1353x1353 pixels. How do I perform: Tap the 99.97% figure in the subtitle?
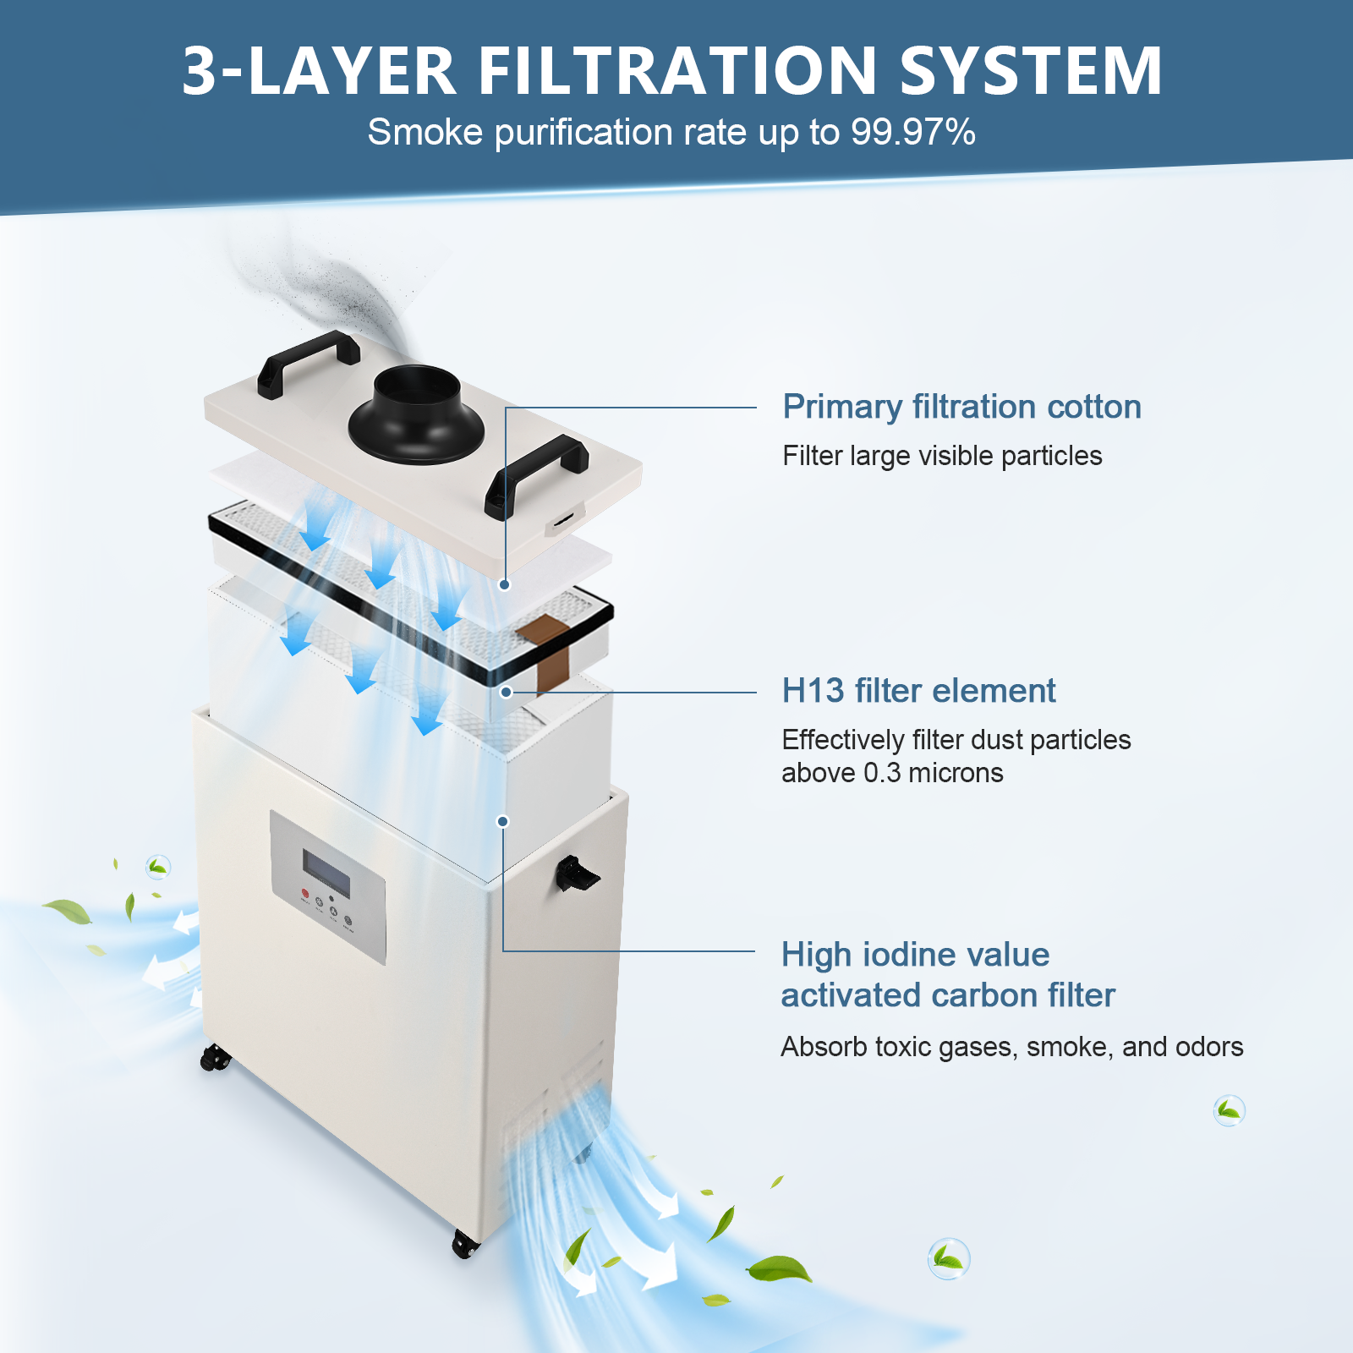coord(913,132)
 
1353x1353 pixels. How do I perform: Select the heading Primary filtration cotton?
coord(961,407)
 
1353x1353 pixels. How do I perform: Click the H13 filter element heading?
coord(918,691)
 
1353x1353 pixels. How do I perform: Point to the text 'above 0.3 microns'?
coord(892,773)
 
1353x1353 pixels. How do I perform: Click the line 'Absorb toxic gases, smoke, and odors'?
coord(1011,1047)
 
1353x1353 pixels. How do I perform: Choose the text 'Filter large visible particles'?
coord(942,456)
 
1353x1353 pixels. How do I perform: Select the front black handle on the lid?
coord(535,474)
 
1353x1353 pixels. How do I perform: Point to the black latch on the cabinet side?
coord(576,874)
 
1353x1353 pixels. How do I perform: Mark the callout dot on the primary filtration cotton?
coord(505,584)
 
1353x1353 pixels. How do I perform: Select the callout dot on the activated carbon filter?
coord(502,821)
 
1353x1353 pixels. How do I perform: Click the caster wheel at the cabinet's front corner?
coord(465,1244)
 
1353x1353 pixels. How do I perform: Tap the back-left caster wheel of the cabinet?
coord(215,1057)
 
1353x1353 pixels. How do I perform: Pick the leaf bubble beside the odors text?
coord(1229,1110)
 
